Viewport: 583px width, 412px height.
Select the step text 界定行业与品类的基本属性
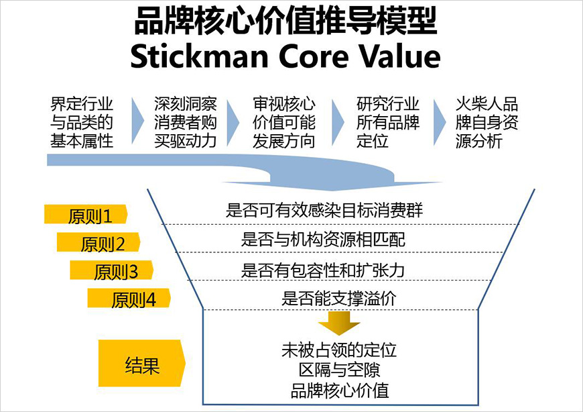82,123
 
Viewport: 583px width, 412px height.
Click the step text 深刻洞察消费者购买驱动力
185,123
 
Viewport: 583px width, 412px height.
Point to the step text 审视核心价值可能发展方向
283,123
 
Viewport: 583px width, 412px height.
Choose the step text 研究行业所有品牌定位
388,123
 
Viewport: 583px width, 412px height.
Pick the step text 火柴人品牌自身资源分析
487,123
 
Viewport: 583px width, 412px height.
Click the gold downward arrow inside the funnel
339,323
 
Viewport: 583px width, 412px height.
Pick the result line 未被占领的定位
339,350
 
